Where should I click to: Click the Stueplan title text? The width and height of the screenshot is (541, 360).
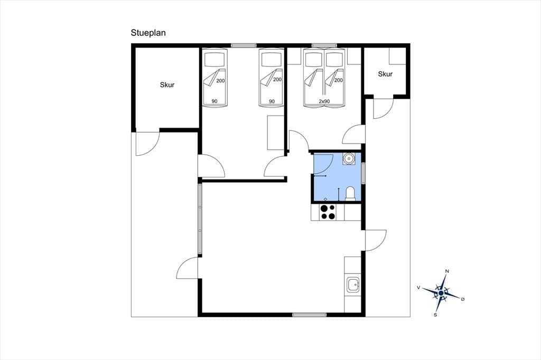click(148, 33)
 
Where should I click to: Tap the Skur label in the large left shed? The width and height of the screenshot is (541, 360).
click(167, 85)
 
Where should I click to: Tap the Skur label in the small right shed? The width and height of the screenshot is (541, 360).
click(385, 74)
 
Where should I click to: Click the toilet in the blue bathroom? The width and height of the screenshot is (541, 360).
click(350, 193)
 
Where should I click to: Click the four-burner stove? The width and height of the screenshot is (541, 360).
click(328, 212)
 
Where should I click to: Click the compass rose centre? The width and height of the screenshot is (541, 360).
click(441, 293)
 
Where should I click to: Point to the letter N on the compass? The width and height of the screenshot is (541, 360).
click(447, 271)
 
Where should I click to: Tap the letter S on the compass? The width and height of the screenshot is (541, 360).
click(435, 315)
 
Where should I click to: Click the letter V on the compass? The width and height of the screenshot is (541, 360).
click(418, 287)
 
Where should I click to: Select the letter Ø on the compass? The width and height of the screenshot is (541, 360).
click(463, 299)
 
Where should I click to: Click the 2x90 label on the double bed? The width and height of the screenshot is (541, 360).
click(324, 101)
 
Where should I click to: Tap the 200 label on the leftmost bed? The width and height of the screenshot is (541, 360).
click(220, 81)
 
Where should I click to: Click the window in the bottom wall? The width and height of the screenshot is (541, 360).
click(310, 315)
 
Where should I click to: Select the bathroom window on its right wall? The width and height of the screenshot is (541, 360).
click(363, 173)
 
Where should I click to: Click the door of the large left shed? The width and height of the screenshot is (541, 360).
click(147, 143)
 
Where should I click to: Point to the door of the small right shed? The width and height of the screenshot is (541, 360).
click(384, 109)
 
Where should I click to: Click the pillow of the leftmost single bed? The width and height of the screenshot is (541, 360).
click(214, 60)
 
